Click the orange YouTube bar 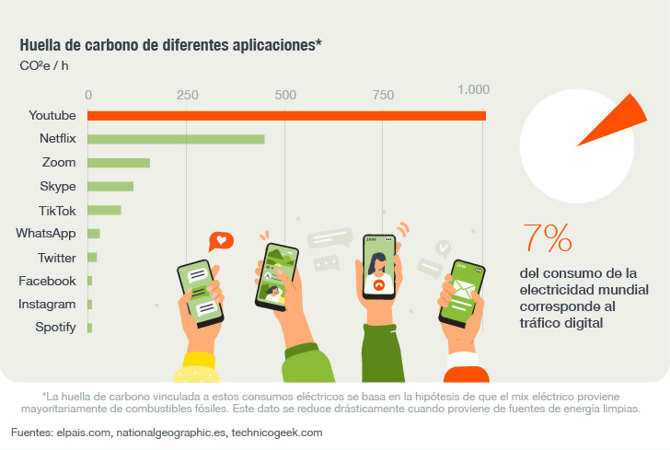(x=286, y=115)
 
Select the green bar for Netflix (x=176, y=139)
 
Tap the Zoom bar (x=119, y=163)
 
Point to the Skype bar (x=110, y=187)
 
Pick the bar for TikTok (x=104, y=210)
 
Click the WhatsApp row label (x=45, y=234)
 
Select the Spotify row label (x=55, y=328)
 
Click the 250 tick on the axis (x=187, y=95)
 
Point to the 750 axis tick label (x=383, y=95)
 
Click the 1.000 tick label (x=473, y=90)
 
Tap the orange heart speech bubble (x=221, y=242)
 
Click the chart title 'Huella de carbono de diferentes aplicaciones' (x=170, y=45)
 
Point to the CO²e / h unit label (x=43, y=65)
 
